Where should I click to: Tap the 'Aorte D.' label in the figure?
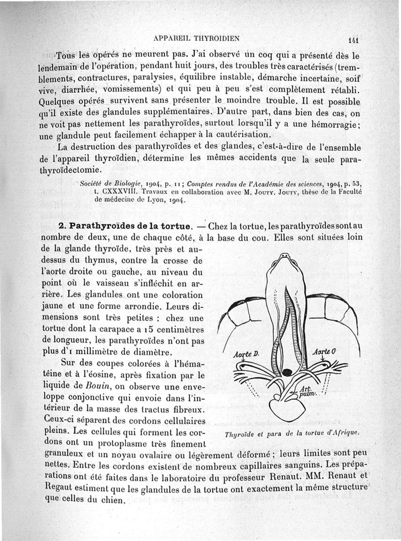point(246,355)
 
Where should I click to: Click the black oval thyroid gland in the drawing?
point(287,372)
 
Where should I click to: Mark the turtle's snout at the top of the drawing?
point(285,256)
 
